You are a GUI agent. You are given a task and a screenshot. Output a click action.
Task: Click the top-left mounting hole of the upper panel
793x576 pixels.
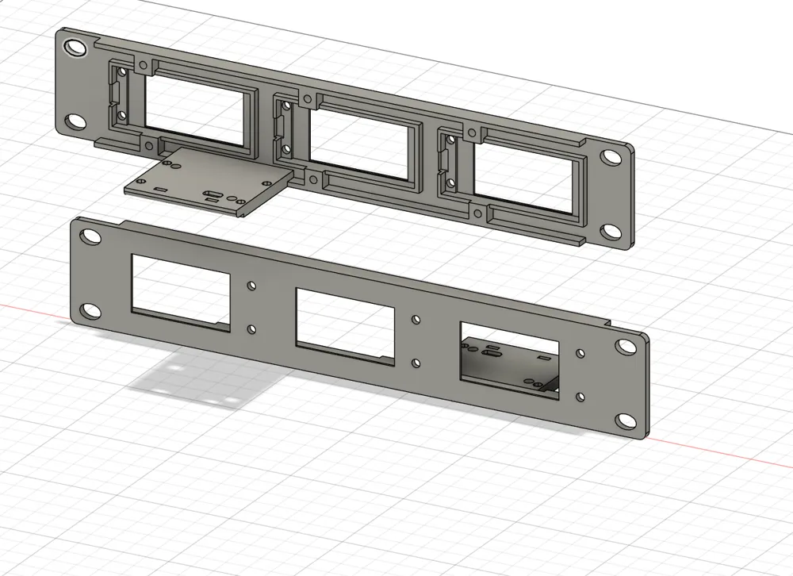coord(77,48)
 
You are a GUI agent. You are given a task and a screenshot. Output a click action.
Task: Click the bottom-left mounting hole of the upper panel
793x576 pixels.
coord(76,121)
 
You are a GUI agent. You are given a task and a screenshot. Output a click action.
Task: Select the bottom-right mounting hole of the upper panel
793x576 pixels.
coord(610,231)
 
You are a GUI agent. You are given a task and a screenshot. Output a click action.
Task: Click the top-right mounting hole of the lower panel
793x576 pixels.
coord(626,347)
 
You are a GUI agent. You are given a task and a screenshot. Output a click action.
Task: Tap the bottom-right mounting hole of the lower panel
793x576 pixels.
coord(625,420)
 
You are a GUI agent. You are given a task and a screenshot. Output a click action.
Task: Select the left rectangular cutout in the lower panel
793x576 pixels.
coord(181,291)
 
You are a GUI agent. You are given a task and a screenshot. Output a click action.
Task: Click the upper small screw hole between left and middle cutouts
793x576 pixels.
coord(251,284)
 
